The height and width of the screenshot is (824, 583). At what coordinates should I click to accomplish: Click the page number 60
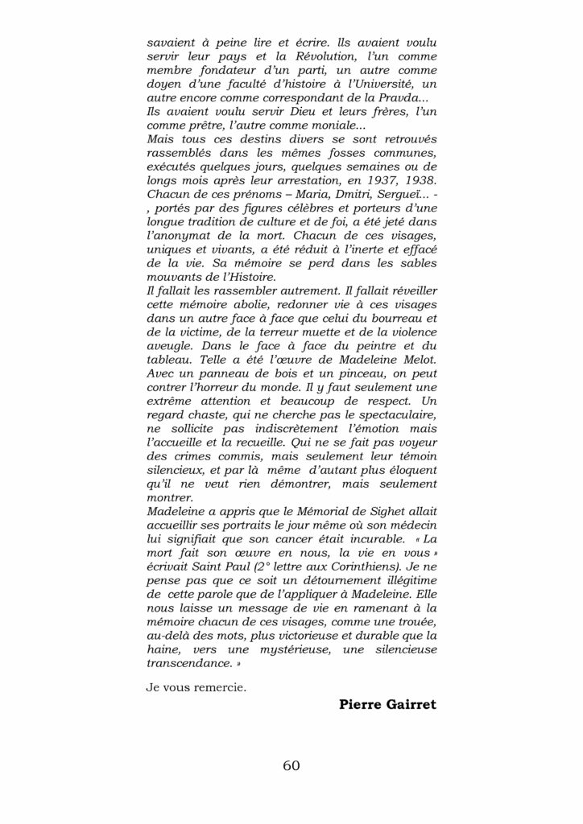tap(291, 764)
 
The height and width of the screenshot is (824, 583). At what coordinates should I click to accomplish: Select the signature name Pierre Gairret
tap(388, 705)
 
